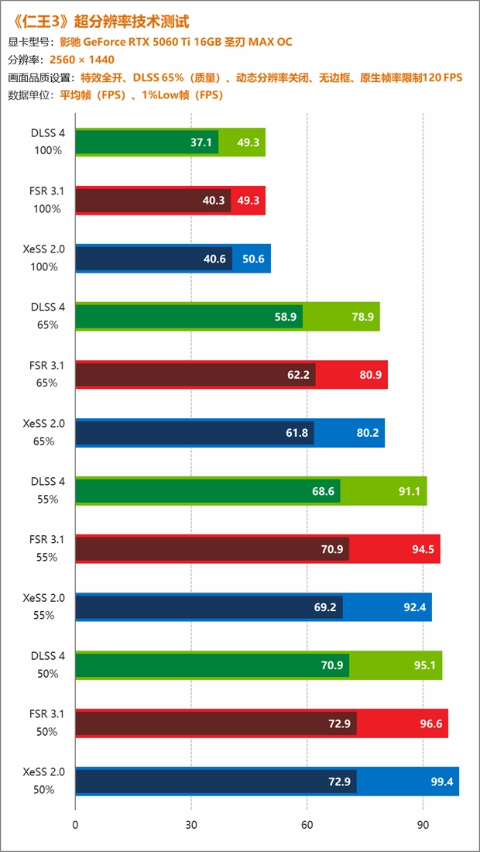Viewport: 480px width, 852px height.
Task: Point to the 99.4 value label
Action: coord(442,782)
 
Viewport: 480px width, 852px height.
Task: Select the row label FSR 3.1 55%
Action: coord(48,548)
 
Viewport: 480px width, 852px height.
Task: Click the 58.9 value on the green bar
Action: coord(286,317)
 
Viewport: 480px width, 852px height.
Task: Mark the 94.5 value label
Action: coord(423,549)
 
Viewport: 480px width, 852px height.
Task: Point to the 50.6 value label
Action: coord(253,259)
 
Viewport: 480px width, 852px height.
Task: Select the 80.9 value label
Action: coord(370,375)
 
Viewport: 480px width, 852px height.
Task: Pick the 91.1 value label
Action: coord(409,491)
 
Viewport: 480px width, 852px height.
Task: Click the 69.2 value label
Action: coord(325,607)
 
